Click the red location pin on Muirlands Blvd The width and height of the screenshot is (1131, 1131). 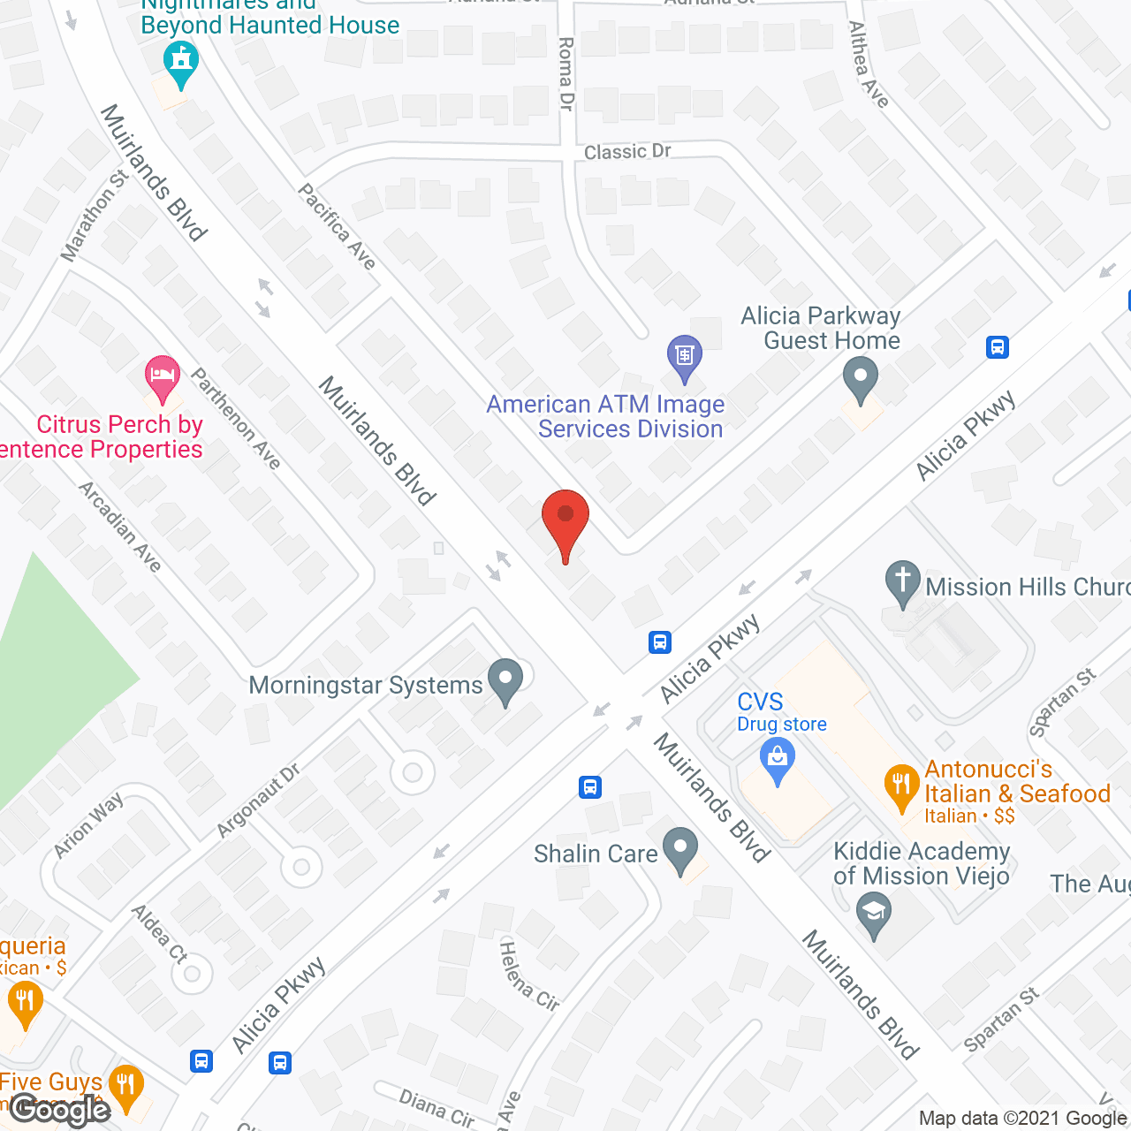(565, 520)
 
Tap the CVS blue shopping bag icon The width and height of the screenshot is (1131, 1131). (778, 760)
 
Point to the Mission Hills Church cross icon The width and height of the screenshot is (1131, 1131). (902, 582)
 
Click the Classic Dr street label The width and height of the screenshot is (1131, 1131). (627, 152)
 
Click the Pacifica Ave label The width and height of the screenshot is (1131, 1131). (337, 226)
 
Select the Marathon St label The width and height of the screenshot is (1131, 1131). (95, 216)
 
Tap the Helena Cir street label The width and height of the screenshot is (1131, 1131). (528, 976)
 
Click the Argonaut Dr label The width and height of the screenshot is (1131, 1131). (258, 801)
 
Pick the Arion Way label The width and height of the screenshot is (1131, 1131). (87, 826)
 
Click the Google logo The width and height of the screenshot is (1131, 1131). (60, 1110)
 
